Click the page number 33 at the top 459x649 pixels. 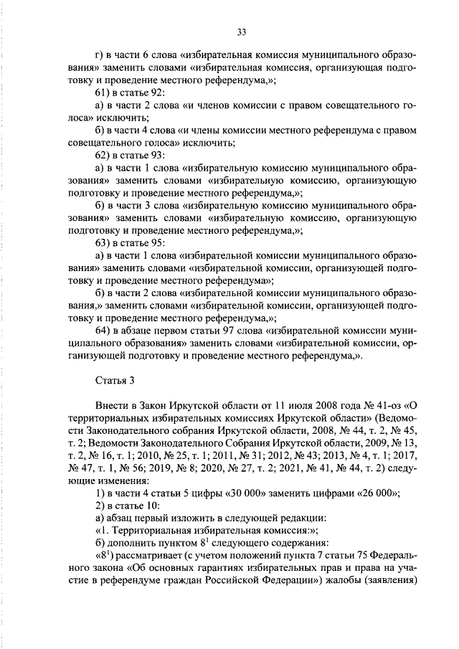(241, 31)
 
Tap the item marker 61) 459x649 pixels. (104, 93)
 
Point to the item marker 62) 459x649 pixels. (104, 154)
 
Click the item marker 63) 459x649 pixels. (104, 242)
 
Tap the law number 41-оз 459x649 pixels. (387, 405)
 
